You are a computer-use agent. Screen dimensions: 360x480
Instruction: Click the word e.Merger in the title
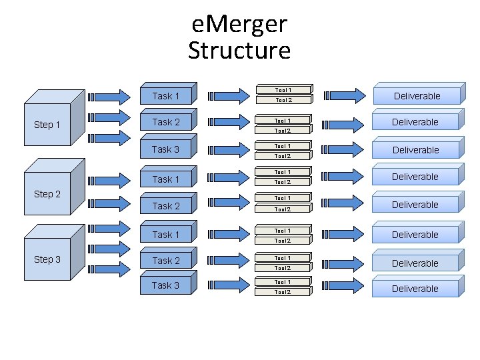239,25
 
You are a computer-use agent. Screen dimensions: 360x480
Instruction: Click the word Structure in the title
239,51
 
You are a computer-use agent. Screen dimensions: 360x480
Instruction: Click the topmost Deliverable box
416,96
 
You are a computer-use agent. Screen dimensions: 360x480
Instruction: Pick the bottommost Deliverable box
416,289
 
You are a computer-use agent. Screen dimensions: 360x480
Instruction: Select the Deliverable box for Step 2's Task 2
416,205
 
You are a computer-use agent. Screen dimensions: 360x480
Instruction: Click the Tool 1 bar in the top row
284,89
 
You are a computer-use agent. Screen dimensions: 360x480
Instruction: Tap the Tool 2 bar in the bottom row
284,291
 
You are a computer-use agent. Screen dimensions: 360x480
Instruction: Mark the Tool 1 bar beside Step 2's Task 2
284,198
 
